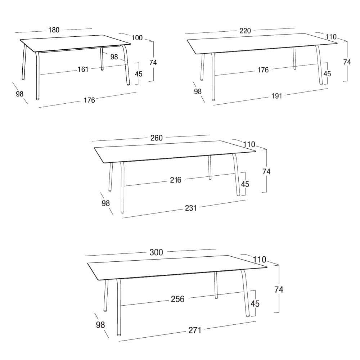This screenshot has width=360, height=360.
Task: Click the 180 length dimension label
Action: (x=54, y=30)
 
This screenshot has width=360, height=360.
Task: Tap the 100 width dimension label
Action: (x=137, y=38)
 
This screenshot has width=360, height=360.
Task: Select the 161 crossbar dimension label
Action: (x=83, y=69)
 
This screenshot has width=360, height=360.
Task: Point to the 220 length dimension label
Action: (x=245, y=31)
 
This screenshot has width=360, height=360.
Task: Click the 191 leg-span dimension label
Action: (x=276, y=96)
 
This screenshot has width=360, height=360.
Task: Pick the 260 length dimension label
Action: (x=157, y=138)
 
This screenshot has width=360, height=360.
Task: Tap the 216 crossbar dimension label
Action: (x=176, y=180)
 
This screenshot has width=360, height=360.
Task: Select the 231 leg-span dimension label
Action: (x=191, y=208)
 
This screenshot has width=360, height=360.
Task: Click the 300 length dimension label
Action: (x=156, y=252)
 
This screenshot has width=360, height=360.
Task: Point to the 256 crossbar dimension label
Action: (x=178, y=299)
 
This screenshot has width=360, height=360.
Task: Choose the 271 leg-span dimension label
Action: (x=195, y=330)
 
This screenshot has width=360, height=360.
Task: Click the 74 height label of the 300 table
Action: (x=279, y=290)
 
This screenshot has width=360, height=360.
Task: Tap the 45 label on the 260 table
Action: (x=245, y=184)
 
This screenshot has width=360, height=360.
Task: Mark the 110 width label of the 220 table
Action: (x=331, y=37)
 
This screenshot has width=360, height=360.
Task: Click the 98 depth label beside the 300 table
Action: (x=100, y=325)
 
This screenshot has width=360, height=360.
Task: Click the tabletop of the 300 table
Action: (x=177, y=267)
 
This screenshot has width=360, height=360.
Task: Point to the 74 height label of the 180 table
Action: (x=153, y=62)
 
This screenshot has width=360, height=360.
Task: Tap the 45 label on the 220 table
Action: (x=327, y=74)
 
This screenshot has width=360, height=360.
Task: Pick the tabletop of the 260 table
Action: (x=175, y=152)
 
